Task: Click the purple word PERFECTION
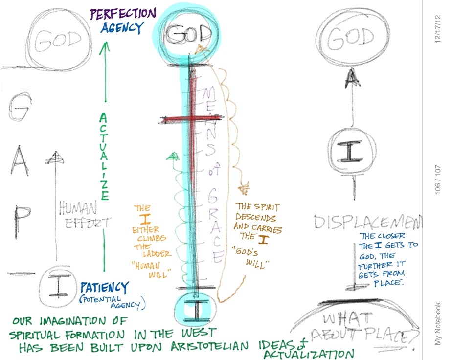(x=123, y=13)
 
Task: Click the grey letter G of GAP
(x=15, y=112)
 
